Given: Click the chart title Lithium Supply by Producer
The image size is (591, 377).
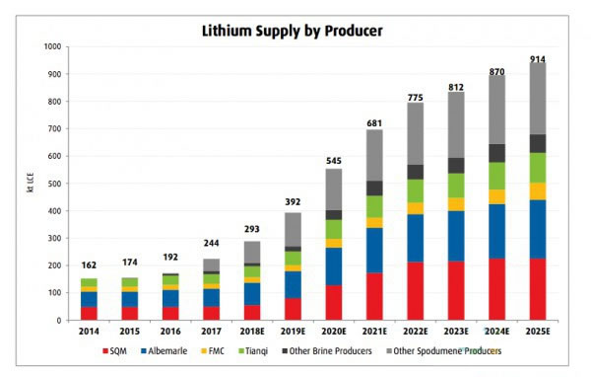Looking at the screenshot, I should (295, 31).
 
